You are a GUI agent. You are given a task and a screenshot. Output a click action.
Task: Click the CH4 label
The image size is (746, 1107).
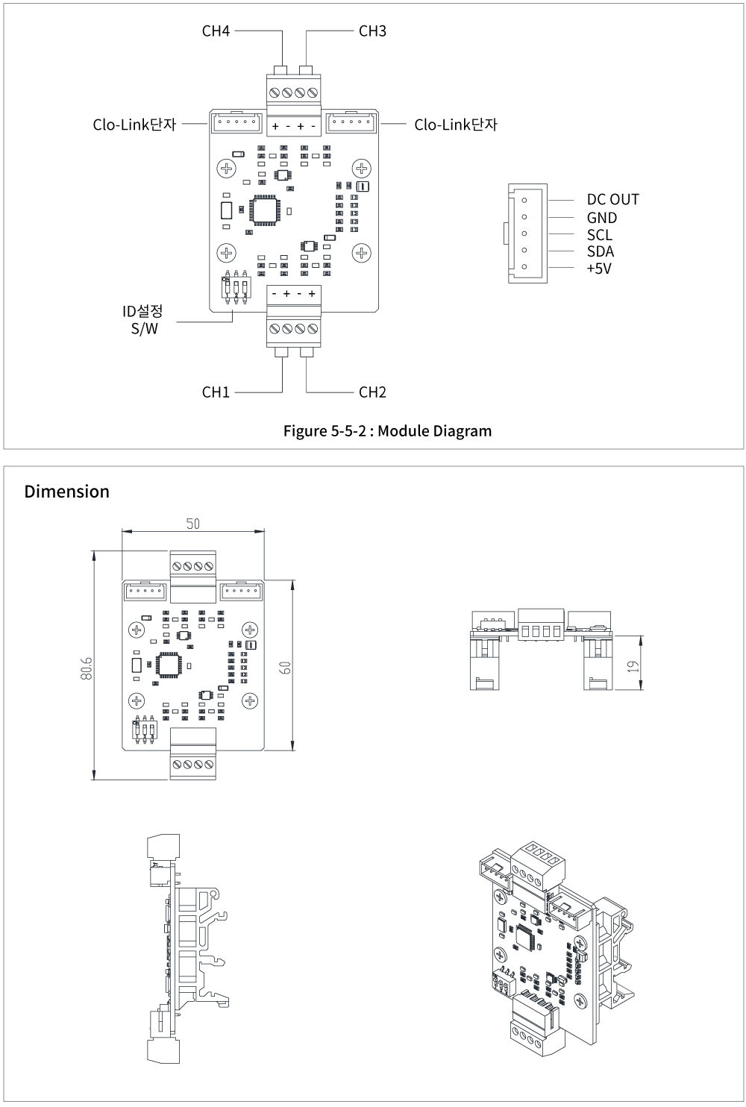(x=216, y=31)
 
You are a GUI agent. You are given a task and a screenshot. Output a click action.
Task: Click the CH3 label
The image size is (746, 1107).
(x=372, y=31)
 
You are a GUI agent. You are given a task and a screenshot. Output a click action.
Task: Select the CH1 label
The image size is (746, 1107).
(x=216, y=392)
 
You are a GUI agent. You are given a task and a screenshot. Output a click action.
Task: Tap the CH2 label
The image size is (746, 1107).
(x=372, y=392)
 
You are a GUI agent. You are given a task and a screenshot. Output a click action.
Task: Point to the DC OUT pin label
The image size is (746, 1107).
(x=612, y=199)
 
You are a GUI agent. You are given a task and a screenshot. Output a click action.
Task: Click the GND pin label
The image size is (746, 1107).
(x=601, y=218)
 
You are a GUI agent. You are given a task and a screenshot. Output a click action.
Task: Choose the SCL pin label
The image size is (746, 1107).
(x=599, y=235)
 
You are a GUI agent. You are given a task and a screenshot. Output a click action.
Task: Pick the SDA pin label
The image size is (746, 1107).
(x=600, y=251)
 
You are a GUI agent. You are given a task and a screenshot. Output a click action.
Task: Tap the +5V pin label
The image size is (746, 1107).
(x=598, y=269)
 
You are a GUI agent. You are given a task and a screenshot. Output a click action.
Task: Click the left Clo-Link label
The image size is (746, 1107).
(x=134, y=125)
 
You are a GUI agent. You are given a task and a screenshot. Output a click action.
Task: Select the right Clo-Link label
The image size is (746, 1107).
(x=455, y=125)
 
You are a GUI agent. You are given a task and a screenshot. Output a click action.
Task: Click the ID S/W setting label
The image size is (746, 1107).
(x=142, y=319)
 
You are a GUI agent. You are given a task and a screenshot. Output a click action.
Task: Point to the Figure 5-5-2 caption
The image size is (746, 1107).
(x=387, y=431)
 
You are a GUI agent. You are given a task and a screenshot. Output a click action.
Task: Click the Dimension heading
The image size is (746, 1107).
(x=66, y=492)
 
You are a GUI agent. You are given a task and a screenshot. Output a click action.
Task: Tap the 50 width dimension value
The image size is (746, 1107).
(x=193, y=524)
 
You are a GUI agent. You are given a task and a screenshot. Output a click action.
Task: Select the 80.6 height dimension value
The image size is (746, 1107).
(x=87, y=668)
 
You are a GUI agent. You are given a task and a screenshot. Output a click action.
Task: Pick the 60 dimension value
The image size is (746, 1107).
(x=284, y=666)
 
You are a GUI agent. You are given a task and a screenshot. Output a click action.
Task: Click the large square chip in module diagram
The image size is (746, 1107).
(x=266, y=210)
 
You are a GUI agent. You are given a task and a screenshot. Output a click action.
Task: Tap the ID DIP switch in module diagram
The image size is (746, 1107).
(x=236, y=287)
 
